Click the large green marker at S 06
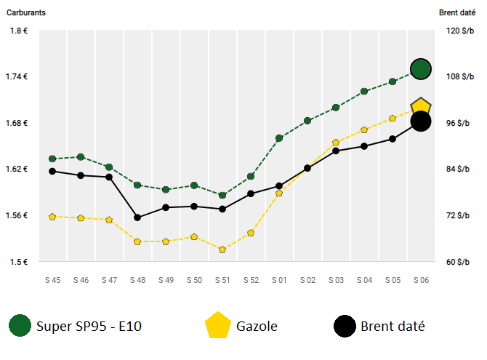click(421, 69)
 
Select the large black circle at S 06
click(421, 121)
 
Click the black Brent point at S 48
click(137, 217)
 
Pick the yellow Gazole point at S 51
click(222, 249)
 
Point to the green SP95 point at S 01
click(279, 138)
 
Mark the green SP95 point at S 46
click(81, 157)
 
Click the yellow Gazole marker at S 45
click(52, 217)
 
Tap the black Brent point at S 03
click(336, 151)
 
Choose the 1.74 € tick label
click(17, 76)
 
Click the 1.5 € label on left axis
click(19, 262)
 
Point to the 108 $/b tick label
click(460, 76)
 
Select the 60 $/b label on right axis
click(457, 262)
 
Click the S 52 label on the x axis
click(251, 280)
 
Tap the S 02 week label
click(307, 280)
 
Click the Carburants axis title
click(26, 12)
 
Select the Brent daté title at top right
click(457, 12)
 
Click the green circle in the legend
click(20, 326)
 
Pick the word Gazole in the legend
click(257, 326)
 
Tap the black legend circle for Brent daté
click(345, 326)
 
